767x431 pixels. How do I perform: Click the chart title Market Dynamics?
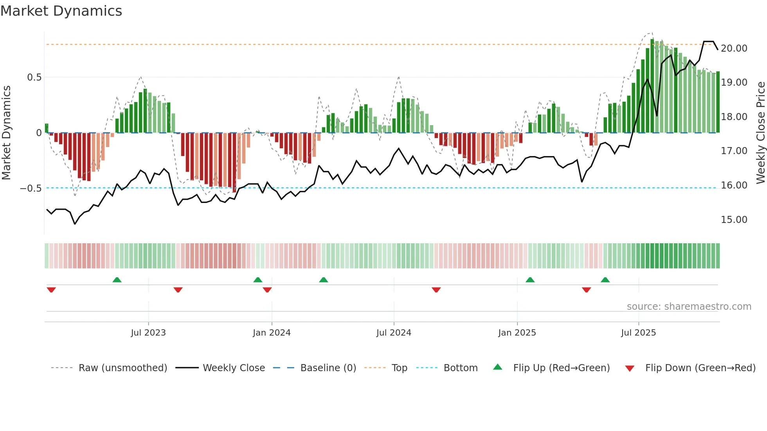(61, 11)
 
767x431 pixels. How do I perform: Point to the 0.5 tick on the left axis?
(34, 77)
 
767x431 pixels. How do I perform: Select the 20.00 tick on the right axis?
(734, 48)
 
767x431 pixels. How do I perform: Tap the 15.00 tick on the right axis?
(734, 220)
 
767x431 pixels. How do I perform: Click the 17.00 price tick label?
(734, 151)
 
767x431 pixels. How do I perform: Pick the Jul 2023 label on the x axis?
(148, 333)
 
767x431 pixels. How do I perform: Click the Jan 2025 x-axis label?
(517, 333)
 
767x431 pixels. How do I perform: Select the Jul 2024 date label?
(394, 333)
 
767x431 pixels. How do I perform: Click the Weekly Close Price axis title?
(760, 133)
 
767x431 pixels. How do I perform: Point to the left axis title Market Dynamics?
(6, 133)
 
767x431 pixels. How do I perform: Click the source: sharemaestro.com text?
(689, 307)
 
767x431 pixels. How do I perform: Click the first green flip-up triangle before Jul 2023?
(117, 280)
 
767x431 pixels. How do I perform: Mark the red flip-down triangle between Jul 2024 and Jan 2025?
(436, 290)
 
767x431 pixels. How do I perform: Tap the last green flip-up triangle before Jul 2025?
(605, 280)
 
